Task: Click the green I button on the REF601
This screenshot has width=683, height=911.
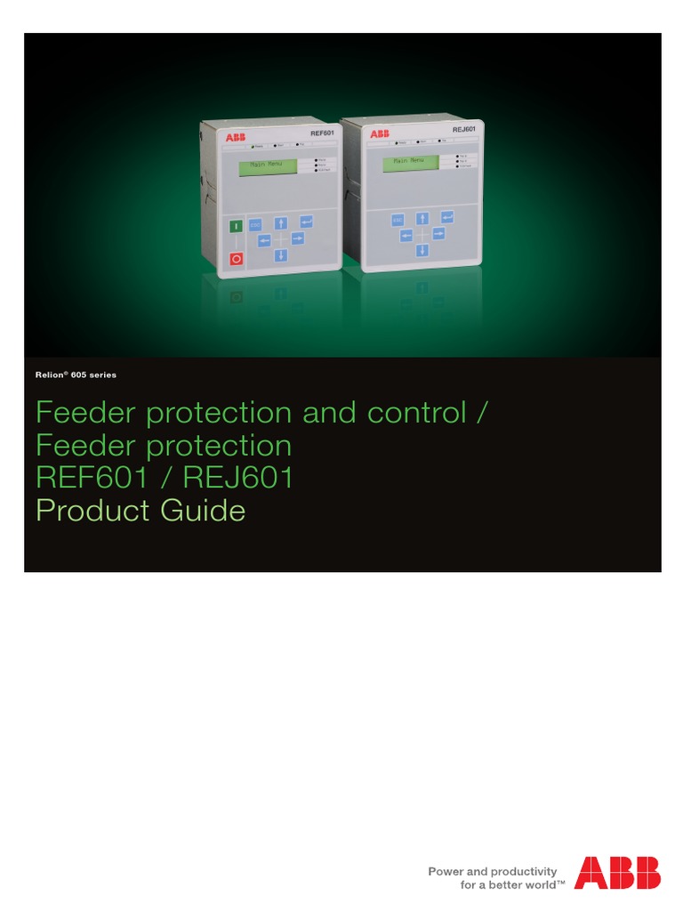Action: pos(237,227)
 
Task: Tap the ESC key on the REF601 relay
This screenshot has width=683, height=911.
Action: pos(256,226)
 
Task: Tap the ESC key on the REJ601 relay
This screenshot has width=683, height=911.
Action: pos(398,219)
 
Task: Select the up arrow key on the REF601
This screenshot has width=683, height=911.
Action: pos(281,222)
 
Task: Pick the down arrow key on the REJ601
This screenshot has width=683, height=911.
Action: pos(422,250)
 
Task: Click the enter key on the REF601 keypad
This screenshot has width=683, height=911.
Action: pos(307,221)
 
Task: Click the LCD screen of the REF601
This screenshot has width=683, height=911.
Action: pos(269,165)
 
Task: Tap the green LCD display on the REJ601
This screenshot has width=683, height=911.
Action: pos(410,162)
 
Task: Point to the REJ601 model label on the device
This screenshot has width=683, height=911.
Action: pos(463,130)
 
